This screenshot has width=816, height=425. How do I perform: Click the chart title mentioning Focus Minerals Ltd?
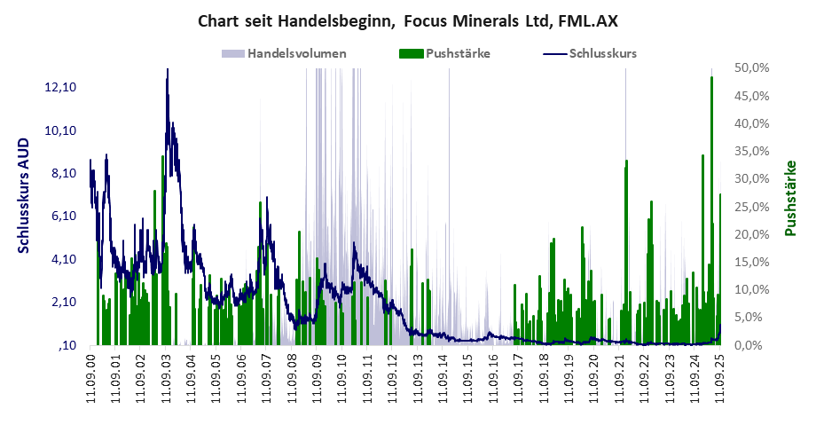point(407,20)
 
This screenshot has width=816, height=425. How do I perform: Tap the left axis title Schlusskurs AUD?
point(24,195)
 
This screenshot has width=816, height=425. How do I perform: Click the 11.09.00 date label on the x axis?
point(90,378)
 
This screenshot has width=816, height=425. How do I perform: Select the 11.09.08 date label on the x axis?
point(292,378)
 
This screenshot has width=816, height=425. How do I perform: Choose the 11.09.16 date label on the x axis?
point(494,378)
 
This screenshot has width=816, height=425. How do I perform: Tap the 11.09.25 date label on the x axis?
point(720,378)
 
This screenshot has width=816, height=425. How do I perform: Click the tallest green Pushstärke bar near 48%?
point(711,80)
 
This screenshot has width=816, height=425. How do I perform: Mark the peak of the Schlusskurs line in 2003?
point(167,71)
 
